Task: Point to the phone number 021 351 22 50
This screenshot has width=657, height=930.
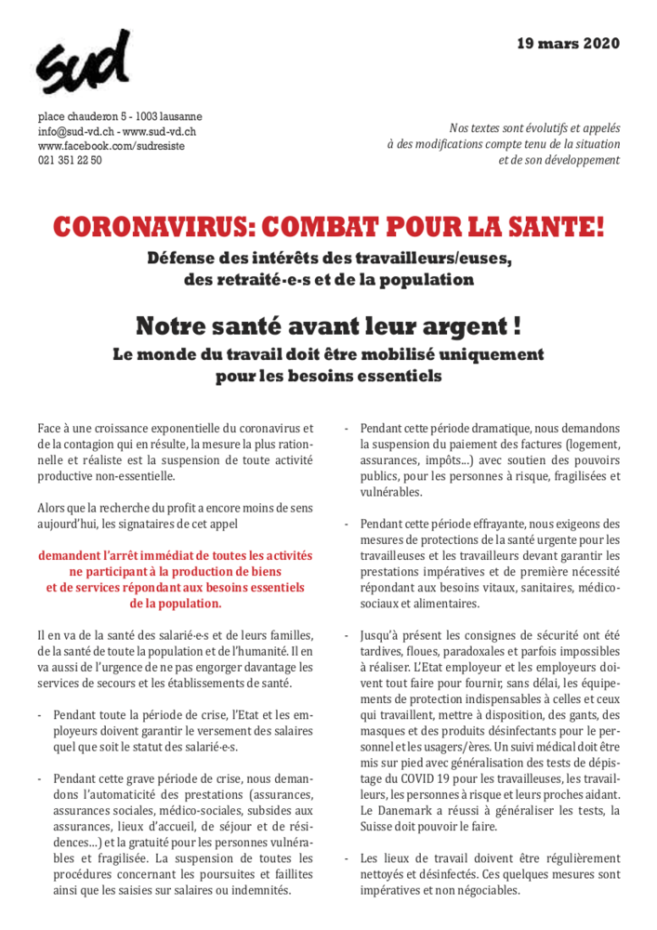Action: click(70, 160)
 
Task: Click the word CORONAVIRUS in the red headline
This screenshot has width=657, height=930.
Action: click(150, 225)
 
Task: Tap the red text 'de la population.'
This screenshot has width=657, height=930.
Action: click(176, 603)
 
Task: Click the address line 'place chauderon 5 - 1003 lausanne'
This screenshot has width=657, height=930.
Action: click(120, 117)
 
